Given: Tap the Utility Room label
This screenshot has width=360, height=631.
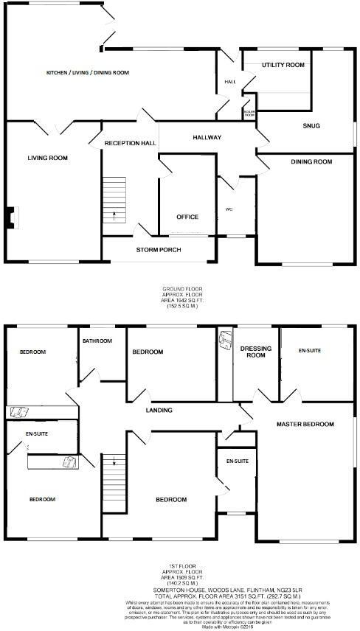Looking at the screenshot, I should [x=283, y=66].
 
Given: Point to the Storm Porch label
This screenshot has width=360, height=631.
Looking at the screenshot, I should [x=159, y=250].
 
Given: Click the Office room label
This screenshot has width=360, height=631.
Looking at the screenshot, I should [x=187, y=217].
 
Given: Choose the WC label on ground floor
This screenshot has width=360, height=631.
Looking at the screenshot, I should [x=229, y=209].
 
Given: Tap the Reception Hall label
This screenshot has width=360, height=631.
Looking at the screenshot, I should [x=130, y=143].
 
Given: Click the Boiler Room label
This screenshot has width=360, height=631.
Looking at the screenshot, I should [x=249, y=114].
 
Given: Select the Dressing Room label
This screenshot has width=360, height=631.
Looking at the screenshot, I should [x=255, y=352].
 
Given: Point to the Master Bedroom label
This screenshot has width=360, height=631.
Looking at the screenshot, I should [x=305, y=425].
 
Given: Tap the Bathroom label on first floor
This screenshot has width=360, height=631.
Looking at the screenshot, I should [x=97, y=341].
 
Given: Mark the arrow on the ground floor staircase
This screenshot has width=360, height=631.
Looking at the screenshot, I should [x=114, y=215].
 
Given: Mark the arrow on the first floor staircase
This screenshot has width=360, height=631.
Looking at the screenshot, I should [x=114, y=461].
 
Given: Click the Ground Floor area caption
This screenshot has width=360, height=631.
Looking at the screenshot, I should [x=181, y=297].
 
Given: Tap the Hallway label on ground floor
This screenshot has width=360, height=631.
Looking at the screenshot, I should [x=207, y=138].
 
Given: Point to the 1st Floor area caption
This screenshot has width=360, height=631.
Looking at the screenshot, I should [x=181, y=576].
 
